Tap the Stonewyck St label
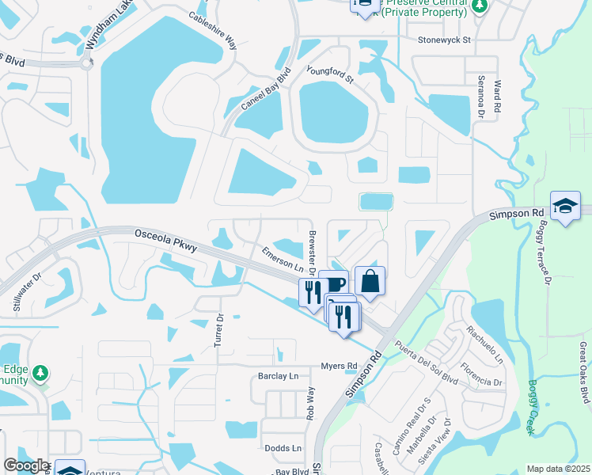tap(445, 39)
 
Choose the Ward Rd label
tap(497, 94)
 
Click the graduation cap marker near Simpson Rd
tap(565, 207)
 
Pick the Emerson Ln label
tap(283, 258)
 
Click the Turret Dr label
tap(219, 332)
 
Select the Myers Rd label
tap(340, 366)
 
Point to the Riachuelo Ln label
tap(484, 344)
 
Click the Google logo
tap(25, 465)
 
